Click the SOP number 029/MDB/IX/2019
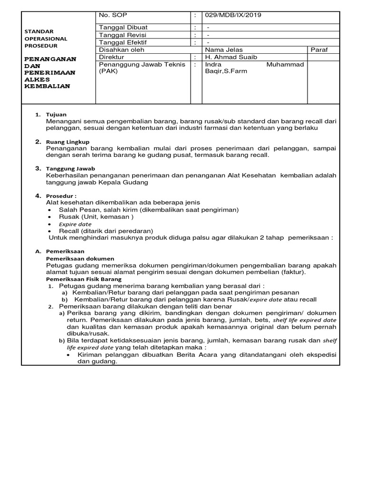(233, 15)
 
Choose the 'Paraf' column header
(319, 49)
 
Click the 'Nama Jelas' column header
(223, 49)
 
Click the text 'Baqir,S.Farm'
(226, 72)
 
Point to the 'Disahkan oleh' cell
(121, 49)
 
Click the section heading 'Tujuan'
(56, 115)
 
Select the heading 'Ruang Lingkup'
(67, 142)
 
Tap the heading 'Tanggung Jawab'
(70, 168)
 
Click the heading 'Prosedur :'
(61, 195)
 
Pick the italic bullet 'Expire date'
(75, 224)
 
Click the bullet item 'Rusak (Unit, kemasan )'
(96, 217)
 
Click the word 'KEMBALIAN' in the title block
(47, 86)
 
